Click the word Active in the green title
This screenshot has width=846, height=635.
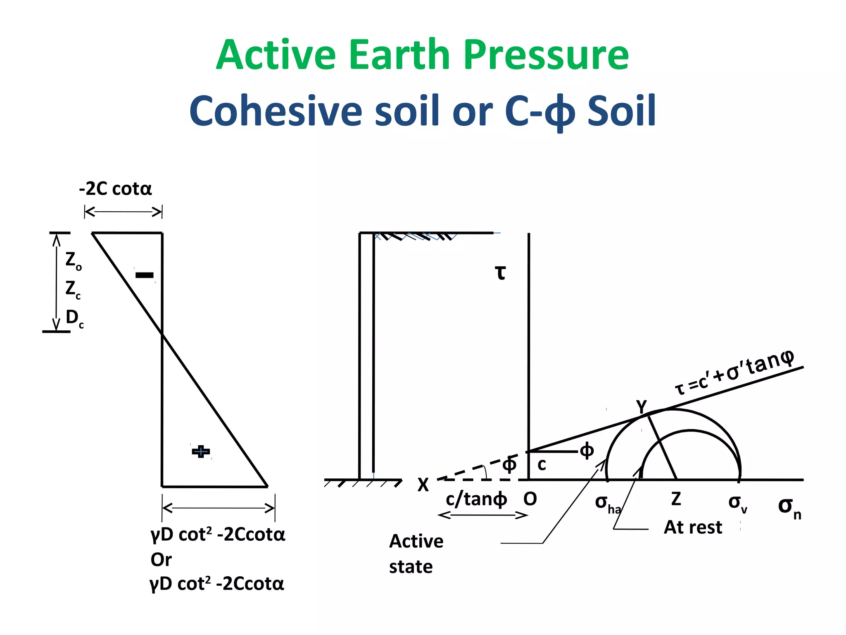tap(276, 55)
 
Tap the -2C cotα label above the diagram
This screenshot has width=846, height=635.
tap(115, 189)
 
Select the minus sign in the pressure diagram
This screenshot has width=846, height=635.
tap(145, 275)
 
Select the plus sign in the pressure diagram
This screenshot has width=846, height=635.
tap(201, 451)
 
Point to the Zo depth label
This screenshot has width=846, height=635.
tap(73, 260)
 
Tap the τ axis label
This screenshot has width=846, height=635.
tap(500, 273)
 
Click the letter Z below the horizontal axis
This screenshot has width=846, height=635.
tap(676, 499)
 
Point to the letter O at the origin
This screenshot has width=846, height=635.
tap(530, 499)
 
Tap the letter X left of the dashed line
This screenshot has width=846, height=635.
tap(423, 485)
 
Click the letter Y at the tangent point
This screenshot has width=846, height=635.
tap(641, 406)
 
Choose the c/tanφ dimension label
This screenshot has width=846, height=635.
tap(476, 499)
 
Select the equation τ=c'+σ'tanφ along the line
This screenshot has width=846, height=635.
tap(734, 372)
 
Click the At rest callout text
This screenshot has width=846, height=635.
tap(693, 528)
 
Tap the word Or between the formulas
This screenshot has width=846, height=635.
tap(161, 560)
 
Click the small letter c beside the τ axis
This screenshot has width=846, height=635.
tap(542, 465)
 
